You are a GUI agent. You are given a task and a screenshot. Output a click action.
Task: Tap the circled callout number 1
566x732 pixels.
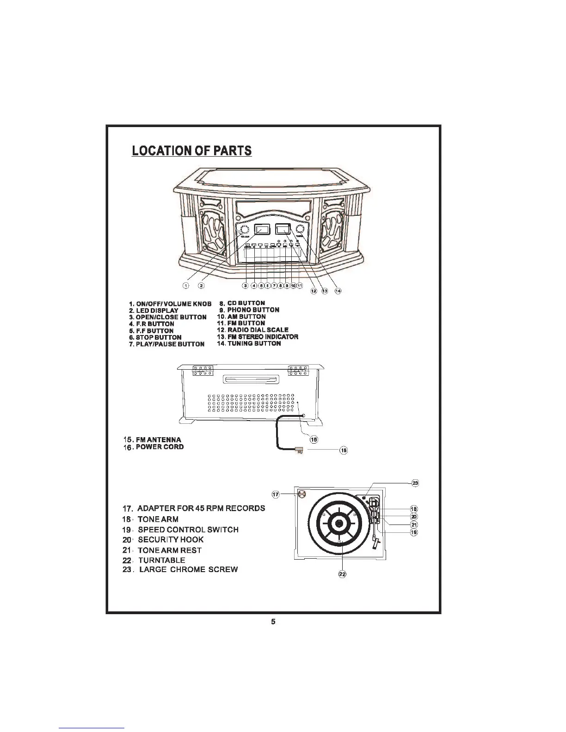[185, 286]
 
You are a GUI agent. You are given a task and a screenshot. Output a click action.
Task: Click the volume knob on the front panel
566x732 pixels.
[244, 230]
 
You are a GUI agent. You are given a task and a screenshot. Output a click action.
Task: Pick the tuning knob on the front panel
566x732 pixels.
[301, 229]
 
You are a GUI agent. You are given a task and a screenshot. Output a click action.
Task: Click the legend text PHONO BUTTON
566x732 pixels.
[253, 310]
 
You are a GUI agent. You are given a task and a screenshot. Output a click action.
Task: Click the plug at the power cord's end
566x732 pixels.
[299, 449]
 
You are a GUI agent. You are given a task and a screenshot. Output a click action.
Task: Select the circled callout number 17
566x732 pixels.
[276, 494]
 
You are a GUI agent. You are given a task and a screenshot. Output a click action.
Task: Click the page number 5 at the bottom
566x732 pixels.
[273, 622]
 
